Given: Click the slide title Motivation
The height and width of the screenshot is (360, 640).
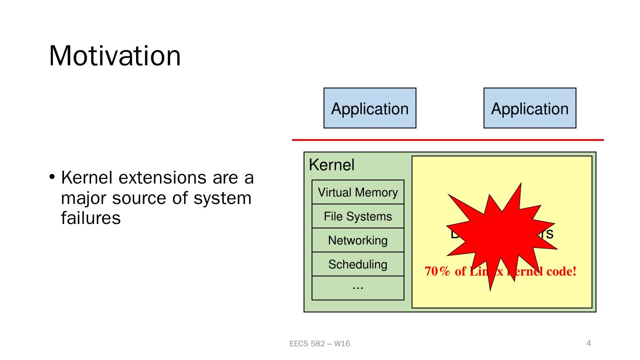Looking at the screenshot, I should click(115, 56).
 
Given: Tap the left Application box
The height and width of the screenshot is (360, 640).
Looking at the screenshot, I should click(370, 108).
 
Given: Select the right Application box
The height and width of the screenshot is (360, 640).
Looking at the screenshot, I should click(530, 108).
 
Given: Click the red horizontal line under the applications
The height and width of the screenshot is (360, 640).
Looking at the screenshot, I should click(448, 140).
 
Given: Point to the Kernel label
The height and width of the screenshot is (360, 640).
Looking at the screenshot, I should click(332, 165).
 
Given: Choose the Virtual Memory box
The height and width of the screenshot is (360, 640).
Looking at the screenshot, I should click(358, 192).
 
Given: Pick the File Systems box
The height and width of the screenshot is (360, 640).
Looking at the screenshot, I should click(358, 216).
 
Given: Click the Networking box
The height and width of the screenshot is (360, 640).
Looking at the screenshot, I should click(358, 240).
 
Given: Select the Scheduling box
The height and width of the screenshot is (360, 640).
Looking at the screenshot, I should click(358, 264).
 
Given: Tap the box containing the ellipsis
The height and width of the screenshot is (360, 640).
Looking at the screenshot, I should click(358, 288).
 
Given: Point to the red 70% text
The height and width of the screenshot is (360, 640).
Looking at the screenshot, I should click(437, 271).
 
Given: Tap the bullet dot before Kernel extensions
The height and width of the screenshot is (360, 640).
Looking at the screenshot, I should click(52, 178).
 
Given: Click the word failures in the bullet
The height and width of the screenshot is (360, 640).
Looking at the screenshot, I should click(91, 218).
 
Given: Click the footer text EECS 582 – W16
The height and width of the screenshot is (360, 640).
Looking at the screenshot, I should click(320, 344).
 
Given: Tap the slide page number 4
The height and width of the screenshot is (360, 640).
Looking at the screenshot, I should click(589, 343).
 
